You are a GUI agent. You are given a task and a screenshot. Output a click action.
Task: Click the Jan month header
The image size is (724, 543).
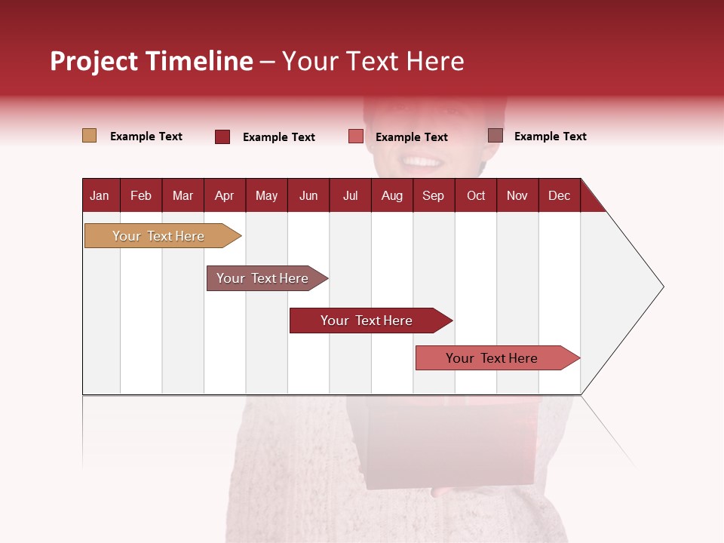click(100, 195)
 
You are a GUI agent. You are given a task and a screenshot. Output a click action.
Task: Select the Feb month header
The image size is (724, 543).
click(141, 195)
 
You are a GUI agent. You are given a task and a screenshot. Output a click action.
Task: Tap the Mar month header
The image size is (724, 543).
click(183, 195)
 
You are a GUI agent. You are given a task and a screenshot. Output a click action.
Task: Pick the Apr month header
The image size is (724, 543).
click(224, 195)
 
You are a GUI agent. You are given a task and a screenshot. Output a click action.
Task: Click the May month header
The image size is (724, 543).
click(266, 195)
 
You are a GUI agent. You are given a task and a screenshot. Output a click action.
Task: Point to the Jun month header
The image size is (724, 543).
click(308, 195)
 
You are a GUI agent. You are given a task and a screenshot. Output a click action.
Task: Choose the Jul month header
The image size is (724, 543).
click(350, 195)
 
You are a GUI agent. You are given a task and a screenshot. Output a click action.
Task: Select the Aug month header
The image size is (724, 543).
click(392, 195)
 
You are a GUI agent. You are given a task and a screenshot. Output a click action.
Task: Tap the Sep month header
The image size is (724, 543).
click(434, 195)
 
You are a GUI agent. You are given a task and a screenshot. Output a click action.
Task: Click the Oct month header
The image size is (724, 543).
click(476, 195)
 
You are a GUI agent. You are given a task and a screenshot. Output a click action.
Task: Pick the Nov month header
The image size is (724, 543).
click(517, 195)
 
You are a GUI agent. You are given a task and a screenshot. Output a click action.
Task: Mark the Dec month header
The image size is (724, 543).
click(560, 195)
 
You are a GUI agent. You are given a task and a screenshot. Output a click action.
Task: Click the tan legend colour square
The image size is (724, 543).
click(89, 136)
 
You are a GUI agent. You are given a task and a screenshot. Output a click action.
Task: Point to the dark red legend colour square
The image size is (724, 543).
click(222, 137)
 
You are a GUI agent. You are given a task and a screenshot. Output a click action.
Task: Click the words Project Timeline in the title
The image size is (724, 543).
click(152, 61)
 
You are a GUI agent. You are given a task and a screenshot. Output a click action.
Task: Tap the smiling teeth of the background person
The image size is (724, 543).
click(422, 161)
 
